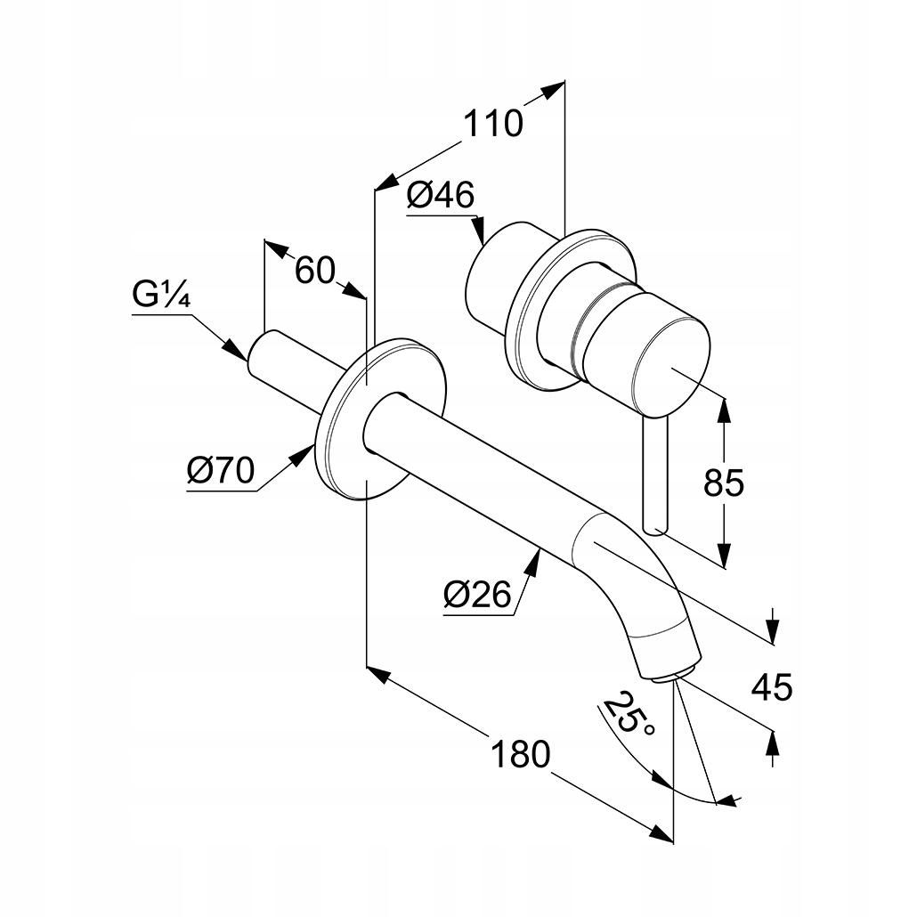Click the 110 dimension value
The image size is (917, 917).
click(x=492, y=123)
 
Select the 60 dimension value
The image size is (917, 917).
click(x=314, y=269)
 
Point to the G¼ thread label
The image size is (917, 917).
click(x=161, y=296)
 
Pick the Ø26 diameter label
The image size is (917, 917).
click(x=479, y=594)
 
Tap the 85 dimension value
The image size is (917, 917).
click(x=723, y=483)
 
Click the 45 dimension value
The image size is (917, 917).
click(x=771, y=686)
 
